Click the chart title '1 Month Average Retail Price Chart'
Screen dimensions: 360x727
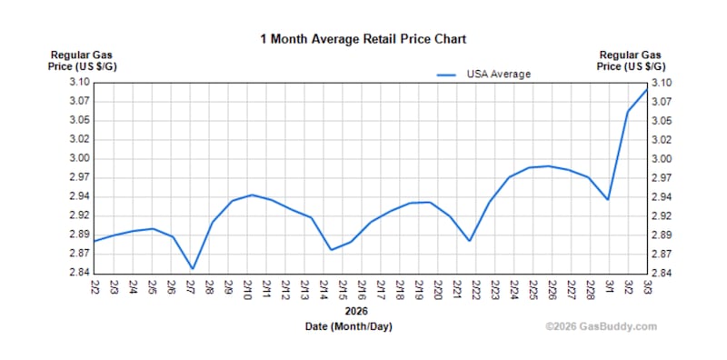pos(363,39)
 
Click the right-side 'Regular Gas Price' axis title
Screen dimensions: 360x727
pos(634,61)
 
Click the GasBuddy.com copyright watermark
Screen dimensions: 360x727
pos(601,326)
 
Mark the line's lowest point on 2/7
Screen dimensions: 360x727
pos(193,269)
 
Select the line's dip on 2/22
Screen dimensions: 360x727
pos(469,241)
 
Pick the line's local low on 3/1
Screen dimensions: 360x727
pos(608,200)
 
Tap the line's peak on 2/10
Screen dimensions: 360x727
pos(252,195)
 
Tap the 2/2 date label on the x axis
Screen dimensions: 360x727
pos(95,288)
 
